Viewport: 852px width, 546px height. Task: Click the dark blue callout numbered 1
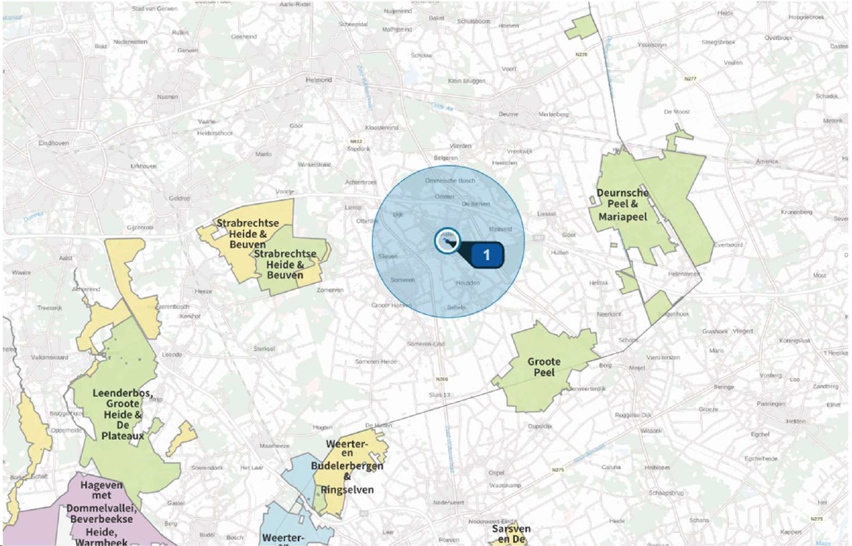486,254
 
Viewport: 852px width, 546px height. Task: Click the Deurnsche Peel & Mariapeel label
623,205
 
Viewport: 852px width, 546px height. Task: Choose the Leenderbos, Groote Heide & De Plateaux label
123,414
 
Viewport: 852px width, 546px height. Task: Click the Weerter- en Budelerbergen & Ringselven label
347,467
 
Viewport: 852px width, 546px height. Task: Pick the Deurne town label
508,115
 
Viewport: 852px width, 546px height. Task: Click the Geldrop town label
180,198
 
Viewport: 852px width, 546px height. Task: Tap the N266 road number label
442,380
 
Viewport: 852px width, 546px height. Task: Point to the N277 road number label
690,78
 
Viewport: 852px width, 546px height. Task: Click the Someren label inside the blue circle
403,280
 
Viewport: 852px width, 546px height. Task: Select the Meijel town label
627,367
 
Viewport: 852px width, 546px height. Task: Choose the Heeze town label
203,291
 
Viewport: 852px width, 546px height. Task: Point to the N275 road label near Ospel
558,470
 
